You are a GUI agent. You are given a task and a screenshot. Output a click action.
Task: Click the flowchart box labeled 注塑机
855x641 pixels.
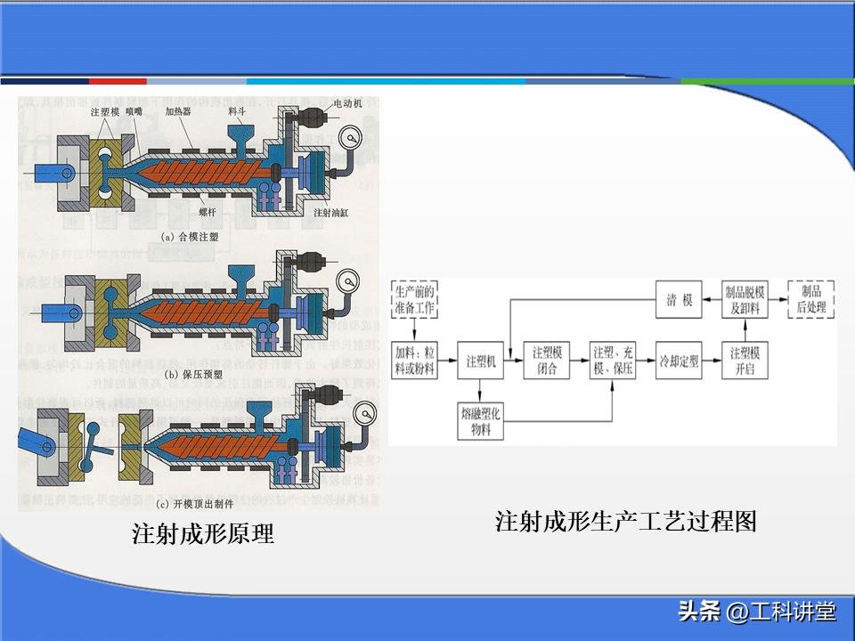(479, 362)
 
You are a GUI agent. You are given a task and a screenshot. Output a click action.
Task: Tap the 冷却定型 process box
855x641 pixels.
(679, 362)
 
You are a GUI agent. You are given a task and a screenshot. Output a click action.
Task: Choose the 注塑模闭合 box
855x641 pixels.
(547, 362)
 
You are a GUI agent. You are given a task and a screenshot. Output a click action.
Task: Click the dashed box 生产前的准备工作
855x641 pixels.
(414, 301)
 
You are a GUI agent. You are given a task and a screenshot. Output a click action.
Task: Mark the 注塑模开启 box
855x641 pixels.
(745, 362)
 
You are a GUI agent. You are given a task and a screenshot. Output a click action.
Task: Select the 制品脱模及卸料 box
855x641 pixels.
(745, 300)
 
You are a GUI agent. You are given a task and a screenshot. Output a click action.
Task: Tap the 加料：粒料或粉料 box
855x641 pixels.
(414, 362)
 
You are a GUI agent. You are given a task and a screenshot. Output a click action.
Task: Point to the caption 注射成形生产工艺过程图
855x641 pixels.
(625, 522)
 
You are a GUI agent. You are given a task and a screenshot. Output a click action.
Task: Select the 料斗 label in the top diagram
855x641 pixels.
(237, 112)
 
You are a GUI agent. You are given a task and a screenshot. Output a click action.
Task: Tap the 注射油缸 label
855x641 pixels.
(330, 214)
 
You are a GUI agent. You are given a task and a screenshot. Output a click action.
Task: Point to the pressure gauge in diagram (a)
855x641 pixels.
(350, 139)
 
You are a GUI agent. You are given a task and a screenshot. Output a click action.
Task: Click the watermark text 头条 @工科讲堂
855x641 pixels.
(756, 613)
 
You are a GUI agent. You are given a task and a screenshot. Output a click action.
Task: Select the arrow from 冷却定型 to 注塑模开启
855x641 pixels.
(712, 362)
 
